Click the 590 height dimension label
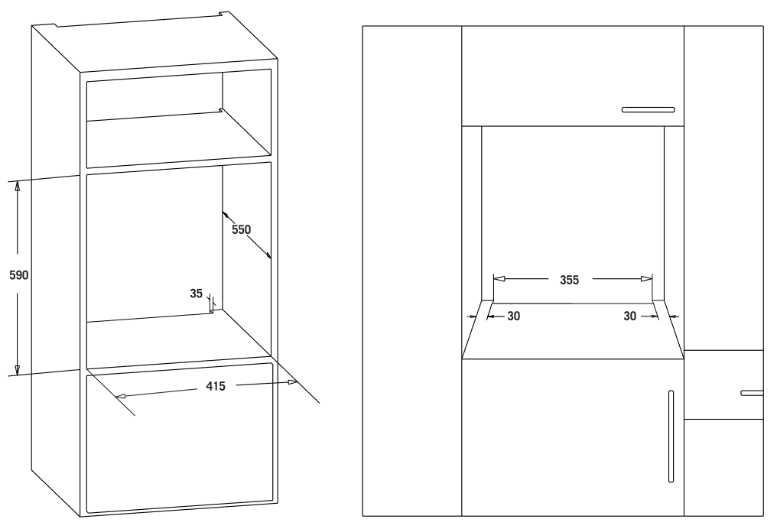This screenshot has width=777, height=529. pos(19,275)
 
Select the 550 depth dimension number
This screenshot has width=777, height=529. pos(242,229)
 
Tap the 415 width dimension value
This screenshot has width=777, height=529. pos(216,386)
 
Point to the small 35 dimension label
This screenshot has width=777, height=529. pos(197,294)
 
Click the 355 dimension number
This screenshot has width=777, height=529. pos(570,280)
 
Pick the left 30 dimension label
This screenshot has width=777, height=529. pos(514,316)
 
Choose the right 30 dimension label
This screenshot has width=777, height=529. pos(630,316)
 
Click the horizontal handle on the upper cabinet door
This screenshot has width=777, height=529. pos(649,110)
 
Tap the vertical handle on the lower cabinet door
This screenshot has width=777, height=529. pos(671,436)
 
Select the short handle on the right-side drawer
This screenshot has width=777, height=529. pos(752,393)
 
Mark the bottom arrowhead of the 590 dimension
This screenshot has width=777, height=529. pos(17,369)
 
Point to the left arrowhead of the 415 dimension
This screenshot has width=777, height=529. pos(120,396)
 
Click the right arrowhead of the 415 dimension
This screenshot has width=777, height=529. pos(292,382)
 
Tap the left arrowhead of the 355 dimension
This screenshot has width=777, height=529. pos(499,279)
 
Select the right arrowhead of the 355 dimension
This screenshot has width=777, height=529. pos(647,279)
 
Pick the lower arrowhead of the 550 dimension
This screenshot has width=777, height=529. pos(268,255)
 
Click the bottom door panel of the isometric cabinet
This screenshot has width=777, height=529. pos(180,437)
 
